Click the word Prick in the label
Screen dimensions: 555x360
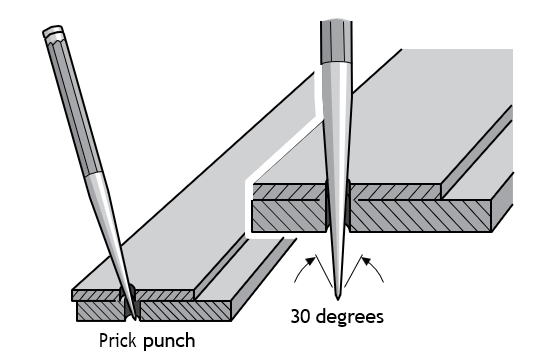coord(117,341)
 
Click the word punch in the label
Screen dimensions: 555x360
coord(169,342)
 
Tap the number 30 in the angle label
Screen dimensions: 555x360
coord(301,316)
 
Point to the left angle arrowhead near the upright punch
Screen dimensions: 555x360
coord(310,261)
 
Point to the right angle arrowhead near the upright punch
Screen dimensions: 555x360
coord(366,261)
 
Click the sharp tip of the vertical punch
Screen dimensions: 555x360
coord(338,299)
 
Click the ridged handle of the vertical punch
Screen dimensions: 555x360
coord(337,41)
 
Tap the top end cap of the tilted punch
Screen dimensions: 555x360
coord(53,32)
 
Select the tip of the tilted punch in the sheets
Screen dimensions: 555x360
coord(134,318)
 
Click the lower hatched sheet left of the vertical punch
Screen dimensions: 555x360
coord(288,216)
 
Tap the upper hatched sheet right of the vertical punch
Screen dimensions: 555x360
coord(396,192)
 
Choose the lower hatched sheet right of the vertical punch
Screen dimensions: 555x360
coord(420,216)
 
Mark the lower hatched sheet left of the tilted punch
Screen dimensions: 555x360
coord(100,311)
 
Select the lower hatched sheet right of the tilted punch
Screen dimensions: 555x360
coord(185,311)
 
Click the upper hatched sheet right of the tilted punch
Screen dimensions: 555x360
coord(165,295)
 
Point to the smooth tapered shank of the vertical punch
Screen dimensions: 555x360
coord(337,177)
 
